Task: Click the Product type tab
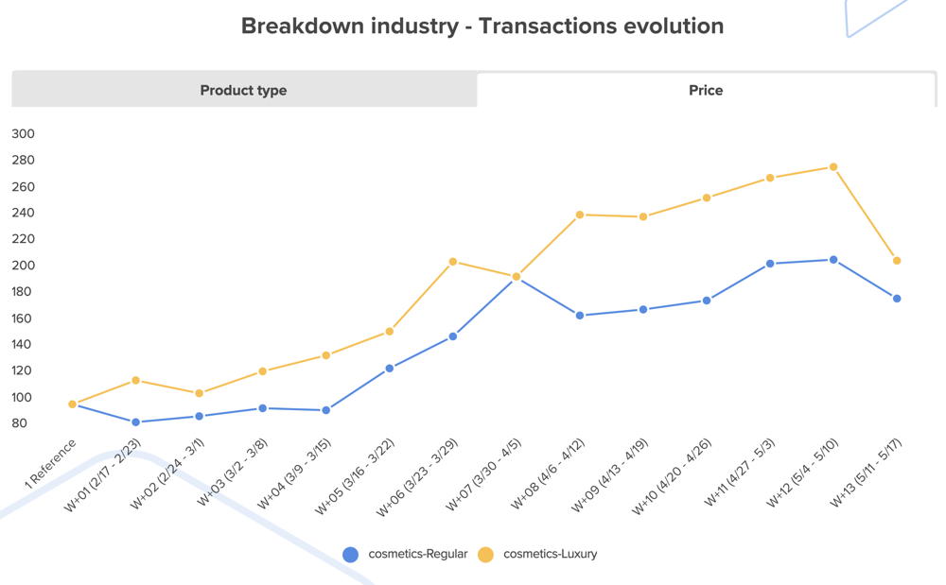(243, 91)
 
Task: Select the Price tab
(706, 91)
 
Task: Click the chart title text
(482, 26)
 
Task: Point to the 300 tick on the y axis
(23, 134)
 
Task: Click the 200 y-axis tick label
(23, 266)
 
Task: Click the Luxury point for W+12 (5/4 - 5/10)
(833, 167)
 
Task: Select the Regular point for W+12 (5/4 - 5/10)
(833, 260)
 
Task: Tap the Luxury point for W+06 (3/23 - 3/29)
(453, 262)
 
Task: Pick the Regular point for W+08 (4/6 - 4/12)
(580, 316)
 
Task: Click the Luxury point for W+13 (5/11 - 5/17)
(897, 261)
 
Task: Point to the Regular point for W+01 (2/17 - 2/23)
(136, 422)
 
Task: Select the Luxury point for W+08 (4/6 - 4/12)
(580, 215)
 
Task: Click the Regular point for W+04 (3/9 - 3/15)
(326, 410)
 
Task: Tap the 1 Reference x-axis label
(51, 463)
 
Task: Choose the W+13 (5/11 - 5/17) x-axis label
(865, 473)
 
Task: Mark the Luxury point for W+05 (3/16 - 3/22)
(390, 332)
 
